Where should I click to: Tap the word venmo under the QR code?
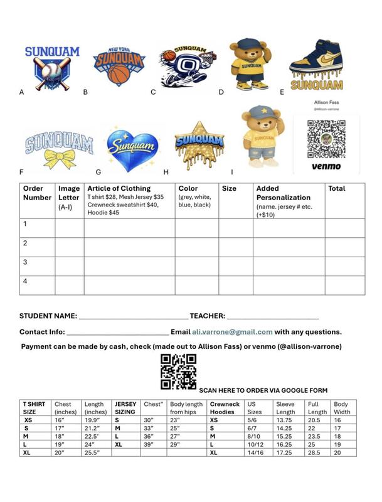pyautogui.click(x=326, y=166)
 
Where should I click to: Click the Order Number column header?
pyautogui.click(x=37, y=193)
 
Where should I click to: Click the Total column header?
pyautogui.click(x=337, y=188)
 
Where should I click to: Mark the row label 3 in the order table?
pyautogui.click(x=26, y=262)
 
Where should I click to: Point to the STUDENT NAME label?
pyautogui.click(x=48, y=316)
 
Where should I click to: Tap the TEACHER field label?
pyautogui.click(x=206, y=316)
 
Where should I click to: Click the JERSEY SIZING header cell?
pyautogui.click(x=125, y=409)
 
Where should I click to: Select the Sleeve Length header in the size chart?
pyautogui.click(x=285, y=409)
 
